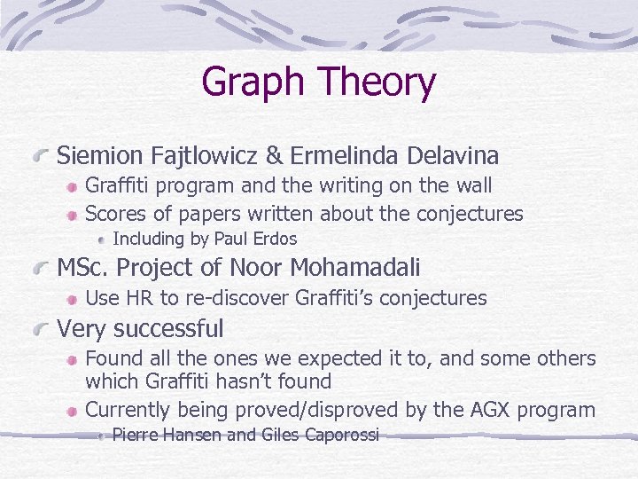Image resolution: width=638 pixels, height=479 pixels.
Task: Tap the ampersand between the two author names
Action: (x=275, y=156)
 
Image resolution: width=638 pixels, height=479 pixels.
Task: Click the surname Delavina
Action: (x=452, y=156)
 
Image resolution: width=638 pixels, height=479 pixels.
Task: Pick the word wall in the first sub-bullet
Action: (x=471, y=186)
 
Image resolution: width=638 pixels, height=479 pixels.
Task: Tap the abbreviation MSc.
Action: (x=82, y=267)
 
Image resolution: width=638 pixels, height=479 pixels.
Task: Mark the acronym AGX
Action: (x=496, y=410)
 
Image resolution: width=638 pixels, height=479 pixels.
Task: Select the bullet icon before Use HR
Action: (x=70, y=299)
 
